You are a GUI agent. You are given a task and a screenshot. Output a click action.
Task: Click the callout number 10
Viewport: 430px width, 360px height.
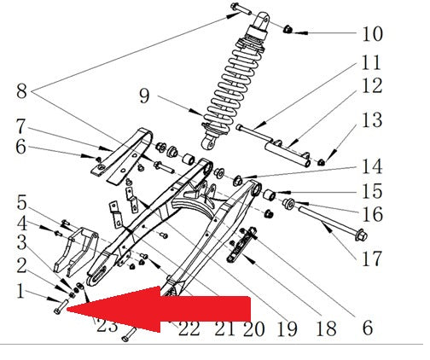click(x=372, y=34)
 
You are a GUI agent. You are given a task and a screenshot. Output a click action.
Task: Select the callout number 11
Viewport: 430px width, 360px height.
click(x=371, y=62)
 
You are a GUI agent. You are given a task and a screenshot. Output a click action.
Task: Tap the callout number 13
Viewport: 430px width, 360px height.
click(x=372, y=120)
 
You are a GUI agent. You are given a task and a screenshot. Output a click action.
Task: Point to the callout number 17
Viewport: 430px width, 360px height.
click(x=371, y=258)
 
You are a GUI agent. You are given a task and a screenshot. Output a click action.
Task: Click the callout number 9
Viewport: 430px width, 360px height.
click(x=144, y=96)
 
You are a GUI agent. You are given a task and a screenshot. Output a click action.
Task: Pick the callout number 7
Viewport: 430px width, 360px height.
click(x=20, y=126)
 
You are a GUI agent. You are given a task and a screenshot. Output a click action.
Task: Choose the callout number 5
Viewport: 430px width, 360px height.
click(x=21, y=202)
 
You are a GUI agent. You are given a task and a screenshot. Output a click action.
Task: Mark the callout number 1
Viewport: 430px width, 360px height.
click(x=20, y=291)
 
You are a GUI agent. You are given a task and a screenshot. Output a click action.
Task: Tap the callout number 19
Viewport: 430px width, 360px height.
click(x=288, y=329)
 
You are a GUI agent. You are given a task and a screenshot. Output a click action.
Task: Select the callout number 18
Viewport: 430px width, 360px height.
click(x=326, y=328)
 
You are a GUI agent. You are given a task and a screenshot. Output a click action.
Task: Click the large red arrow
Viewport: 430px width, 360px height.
click(x=158, y=309)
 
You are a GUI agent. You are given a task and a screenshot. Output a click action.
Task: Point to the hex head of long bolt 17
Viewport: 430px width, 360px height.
click(x=362, y=235)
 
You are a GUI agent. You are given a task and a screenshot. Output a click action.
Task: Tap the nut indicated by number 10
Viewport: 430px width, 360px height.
click(x=288, y=29)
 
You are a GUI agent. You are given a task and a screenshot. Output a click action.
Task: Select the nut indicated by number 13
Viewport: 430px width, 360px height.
click(x=321, y=162)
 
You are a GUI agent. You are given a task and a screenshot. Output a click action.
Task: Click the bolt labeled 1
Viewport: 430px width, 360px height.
click(x=61, y=307)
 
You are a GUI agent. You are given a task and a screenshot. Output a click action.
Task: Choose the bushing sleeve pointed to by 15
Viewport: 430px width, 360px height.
click(x=269, y=195)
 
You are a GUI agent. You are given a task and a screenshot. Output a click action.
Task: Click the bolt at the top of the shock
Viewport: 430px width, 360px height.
click(x=241, y=9)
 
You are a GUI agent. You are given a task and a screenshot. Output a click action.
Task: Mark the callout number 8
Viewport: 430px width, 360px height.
click(x=21, y=91)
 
